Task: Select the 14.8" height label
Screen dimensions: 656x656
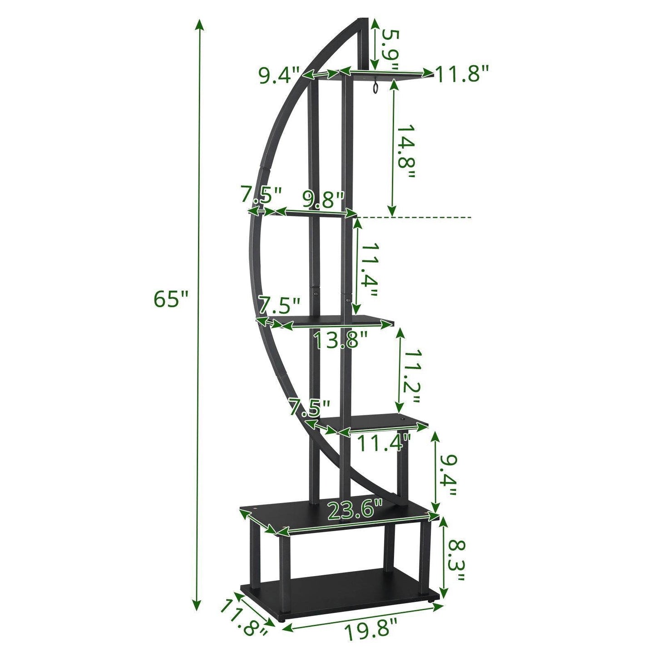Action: pyautogui.click(x=404, y=152)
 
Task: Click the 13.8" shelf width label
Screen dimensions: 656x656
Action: pyautogui.click(x=340, y=340)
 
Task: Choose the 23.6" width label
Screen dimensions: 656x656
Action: pyautogui.click(x=355, y=510)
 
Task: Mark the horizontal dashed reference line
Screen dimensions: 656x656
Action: pyautogui.click(x=415, y=217)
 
